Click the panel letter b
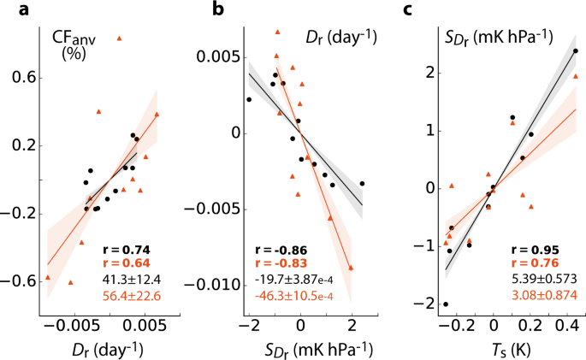click(219, 10)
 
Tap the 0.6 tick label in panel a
click(19, 78)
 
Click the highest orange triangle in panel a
click(120, 38)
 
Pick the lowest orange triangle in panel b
click(351, 268)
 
